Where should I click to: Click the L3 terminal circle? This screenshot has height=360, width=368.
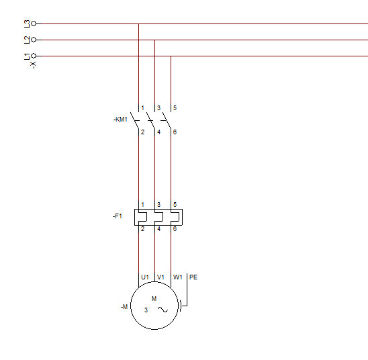pyautogui.click(x=34, y=24)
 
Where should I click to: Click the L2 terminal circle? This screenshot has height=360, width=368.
pyautogui.click(x=34, y=40)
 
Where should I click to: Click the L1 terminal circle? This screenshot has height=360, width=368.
pyautogui.click(x=34, y=56)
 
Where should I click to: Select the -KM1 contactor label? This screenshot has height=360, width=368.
pyautogui.click(x=120, y=120)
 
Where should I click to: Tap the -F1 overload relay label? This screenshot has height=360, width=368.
pyautogui.click(x=118, y=216)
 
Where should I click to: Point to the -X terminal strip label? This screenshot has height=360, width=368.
pyautogui.click(x=33, y=65)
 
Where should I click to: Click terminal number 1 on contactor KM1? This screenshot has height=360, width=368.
pyautogui.click(x=142, y=108)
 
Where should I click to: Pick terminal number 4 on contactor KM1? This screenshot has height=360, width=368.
pyautogui.click(x=158, y=132)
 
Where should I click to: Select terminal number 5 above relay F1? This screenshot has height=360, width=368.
pyautogui.click(x=175, y=205)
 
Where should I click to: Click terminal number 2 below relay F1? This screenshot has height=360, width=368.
pyautogui.click(x=142, y=229)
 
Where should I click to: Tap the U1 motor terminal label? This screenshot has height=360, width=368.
pyautogui.click(x=145, y=277)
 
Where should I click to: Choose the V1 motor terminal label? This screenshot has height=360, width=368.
pyautogui.click(x=160, y=277)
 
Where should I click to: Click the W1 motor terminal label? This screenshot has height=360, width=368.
pyautogui.click(x=178, y=277)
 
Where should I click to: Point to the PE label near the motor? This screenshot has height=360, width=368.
pyautogui.click(x=193, y=277)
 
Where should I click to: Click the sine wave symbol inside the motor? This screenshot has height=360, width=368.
pyautogui.click(x=163, y=310)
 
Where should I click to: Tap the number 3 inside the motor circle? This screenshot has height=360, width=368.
pyautogui.click(x=146, y=310)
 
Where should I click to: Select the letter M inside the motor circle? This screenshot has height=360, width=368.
pyautogui.click(x=154, y=298)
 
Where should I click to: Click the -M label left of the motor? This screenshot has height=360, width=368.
pyautogui.click(x=124, y=307)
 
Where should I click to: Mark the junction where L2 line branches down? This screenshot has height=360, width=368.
pyautogui.click(x=154, y=40)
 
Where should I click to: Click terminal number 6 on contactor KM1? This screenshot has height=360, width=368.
pyautogui.click(x=175, y=132)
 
